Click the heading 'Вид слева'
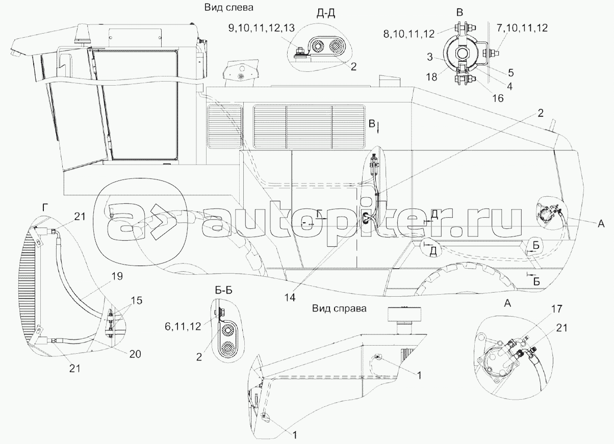228,8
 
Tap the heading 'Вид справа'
339,308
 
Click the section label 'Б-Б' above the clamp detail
223,290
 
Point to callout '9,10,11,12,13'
261,28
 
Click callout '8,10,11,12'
409,34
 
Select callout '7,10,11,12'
522,28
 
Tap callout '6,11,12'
183,326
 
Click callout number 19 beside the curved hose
117,276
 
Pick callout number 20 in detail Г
135,354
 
